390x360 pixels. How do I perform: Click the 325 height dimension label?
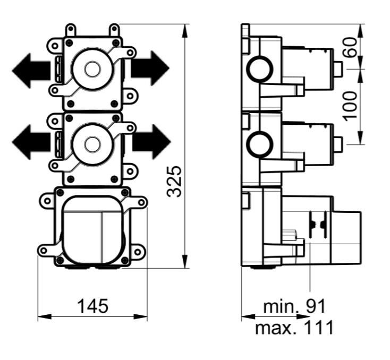175,182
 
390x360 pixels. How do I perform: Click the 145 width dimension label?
93,306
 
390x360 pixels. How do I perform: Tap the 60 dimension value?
351,47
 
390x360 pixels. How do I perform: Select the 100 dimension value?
351,106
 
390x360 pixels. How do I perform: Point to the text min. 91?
294,306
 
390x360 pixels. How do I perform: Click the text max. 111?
294,328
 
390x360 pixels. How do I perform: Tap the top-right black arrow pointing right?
150,68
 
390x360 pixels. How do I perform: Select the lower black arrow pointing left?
31,142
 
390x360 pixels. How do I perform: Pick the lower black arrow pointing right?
151,142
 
